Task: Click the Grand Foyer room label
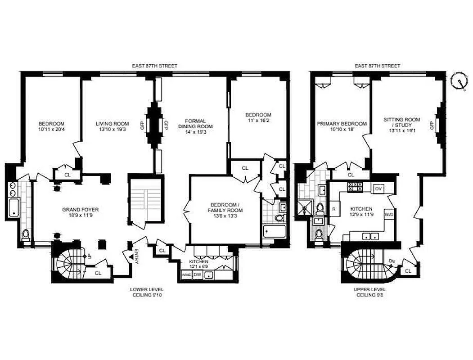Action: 80,212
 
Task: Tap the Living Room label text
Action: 112,126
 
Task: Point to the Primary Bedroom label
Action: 342,126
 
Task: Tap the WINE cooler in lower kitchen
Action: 186,274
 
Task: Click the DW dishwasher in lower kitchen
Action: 197,274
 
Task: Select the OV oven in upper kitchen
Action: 378,189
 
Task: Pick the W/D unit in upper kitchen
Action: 388,215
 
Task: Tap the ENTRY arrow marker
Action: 131,256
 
